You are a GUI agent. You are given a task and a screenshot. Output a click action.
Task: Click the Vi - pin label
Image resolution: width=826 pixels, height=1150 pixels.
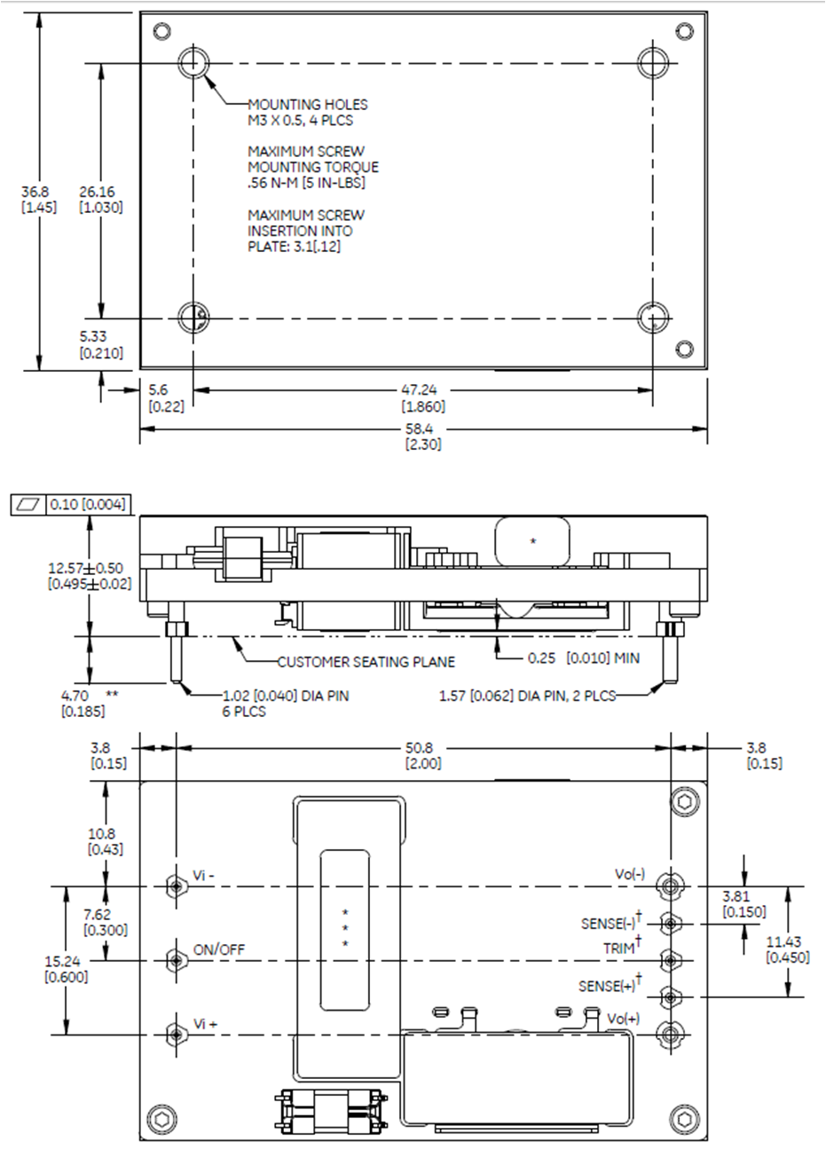pyautogui.click(x=204, y=875)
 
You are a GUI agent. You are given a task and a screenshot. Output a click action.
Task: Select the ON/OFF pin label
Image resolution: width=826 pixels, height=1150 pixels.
pyautogui.click(x=219, y=949)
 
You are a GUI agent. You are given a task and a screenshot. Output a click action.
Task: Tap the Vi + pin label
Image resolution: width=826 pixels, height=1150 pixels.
pyautogui.click(x=206, y=1024)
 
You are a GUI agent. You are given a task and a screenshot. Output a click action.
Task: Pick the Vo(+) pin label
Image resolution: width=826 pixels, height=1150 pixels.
pyautogui.click(x=623, y=1019)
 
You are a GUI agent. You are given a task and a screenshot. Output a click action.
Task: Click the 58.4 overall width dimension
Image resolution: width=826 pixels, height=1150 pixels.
pyautogui.click(x=423, y=429)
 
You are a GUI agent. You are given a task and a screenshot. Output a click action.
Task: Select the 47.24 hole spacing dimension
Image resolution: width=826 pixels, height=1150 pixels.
pyautogui.click(x=423, y=390)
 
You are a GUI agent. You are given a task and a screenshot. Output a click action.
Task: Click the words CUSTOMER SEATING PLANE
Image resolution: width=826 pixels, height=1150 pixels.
pyautogui.click(x=366, y=661)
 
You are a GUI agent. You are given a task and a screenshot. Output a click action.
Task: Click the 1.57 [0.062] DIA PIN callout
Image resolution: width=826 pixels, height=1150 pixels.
pyautogui.click(x=527, y=696)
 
